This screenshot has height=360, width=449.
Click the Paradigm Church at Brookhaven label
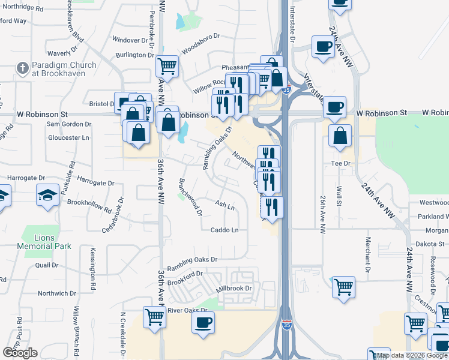pyautogui.click(x=65, y=69)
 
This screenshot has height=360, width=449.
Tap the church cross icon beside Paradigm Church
pyautogui.click(x=22, y=67)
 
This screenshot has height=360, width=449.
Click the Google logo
pyautogui.click(x=20, y=353)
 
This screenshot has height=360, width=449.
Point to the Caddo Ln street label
pyautogui.click(x=224, y=230)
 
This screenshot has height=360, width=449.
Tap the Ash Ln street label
pyautogui.click(x=224, y=206)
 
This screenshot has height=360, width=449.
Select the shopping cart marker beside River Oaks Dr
pyautogui.click(x=154, y=316)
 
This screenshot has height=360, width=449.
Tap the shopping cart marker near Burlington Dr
pyautogui.click(x=167, y=65)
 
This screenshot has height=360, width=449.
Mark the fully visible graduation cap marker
pyautogui.click(x=47, y=195)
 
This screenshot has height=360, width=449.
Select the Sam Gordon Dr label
pyautogui.click(x=69, y=124)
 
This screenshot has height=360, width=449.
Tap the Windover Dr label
pyautogui.click(x=130, y=40)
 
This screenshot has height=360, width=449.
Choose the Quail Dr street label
pyautogui.click(x=46, y=265)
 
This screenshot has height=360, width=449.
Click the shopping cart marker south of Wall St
pyautogui.click(x=343, y=287)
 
